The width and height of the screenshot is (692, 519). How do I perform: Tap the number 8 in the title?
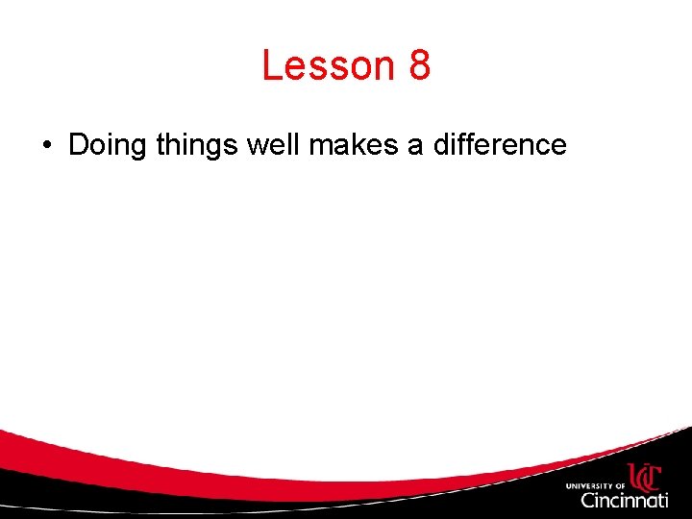419,66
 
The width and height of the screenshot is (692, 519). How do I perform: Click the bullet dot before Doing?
46,146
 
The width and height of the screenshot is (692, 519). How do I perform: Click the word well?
274,145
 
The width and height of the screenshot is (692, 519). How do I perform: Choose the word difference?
500,145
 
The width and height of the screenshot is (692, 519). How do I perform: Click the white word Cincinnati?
625,500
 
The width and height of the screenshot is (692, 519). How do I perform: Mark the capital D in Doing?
79,145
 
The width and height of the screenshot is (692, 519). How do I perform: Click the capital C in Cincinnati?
588,500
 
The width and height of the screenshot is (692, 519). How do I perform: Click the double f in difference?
465,145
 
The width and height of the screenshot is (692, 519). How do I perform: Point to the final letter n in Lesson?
385,68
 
